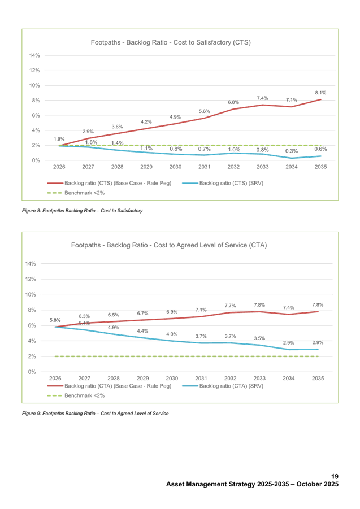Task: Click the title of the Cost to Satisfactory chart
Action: tap(171, 43)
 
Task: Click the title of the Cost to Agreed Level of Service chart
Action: tap(169, 245)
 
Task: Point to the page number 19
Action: tap(335, 478)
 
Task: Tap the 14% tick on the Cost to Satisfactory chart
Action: tap(34, 55)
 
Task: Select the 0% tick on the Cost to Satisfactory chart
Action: tap(35, 160)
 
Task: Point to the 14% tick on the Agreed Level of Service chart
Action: tap(32, 264)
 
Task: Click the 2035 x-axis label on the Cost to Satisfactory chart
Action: tap(320, 167)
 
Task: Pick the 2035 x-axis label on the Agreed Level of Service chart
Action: tap(318, 379)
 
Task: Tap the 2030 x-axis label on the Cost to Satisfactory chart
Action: tap(175, 167)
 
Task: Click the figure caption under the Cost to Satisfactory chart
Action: tap(81, 210)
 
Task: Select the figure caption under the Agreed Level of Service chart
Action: tap(95, 414)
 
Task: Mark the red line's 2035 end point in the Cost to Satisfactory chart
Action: tap(320, 99)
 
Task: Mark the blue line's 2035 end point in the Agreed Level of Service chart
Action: tap(318, 350)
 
